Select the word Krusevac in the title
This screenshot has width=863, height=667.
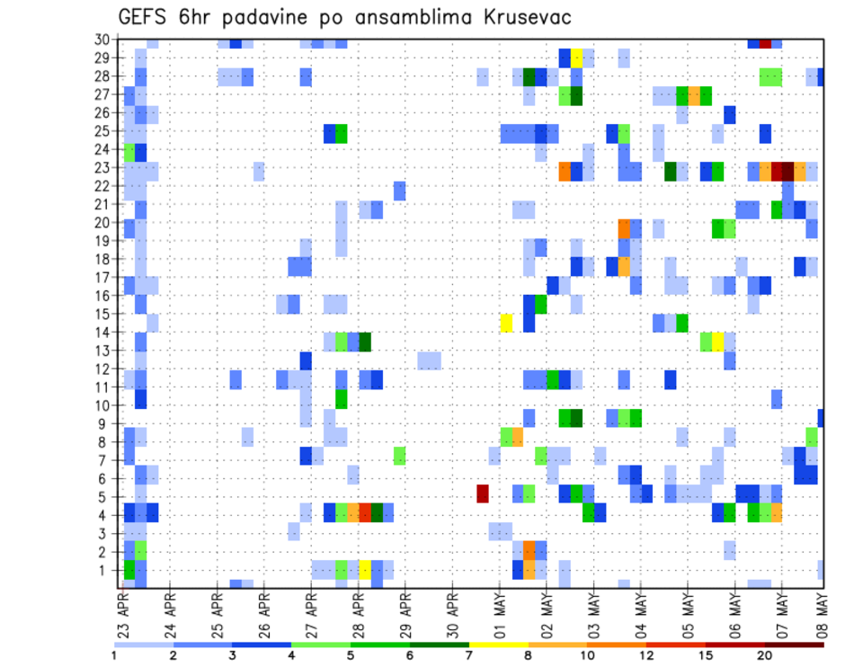pos(525,18)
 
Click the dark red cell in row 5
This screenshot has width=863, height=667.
pos(483,494)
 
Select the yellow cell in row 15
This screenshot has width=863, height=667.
pos(506,323)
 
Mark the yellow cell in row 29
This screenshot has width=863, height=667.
pos(576,58)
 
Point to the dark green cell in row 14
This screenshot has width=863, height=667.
pos(365,342)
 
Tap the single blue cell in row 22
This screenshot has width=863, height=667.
pos(400,191)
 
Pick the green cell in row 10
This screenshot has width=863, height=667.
pos(342,397)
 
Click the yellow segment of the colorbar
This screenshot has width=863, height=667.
pos(498,644)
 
